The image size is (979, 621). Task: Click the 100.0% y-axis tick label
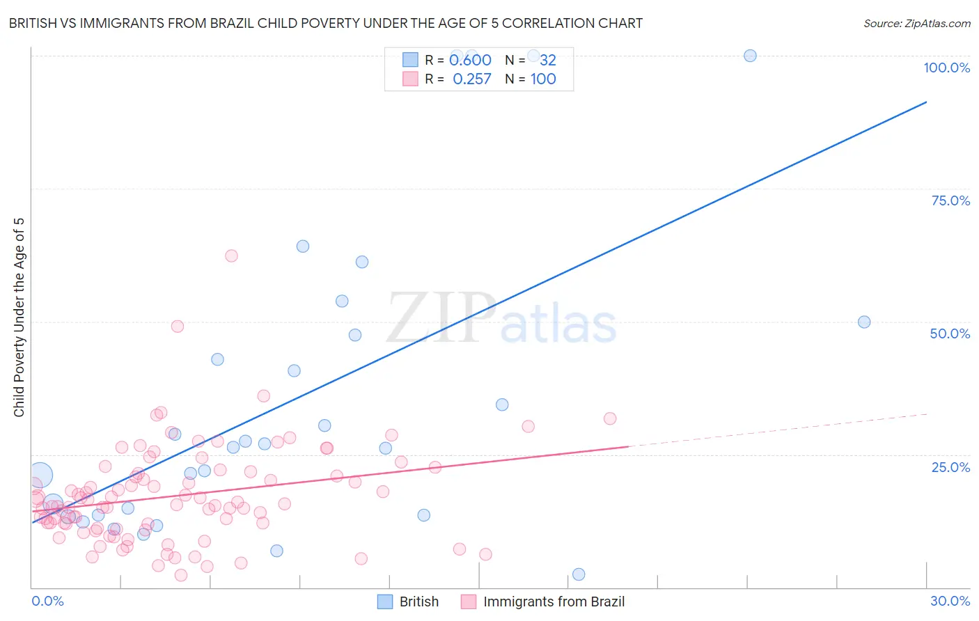click(x=946, y=68)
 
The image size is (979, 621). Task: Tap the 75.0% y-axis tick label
click(x=950, y=201)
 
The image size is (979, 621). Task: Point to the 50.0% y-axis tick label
click(x=950, y=333)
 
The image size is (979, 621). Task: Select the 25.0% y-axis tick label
click(x=950, y=467)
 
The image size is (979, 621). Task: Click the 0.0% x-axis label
click(x=47, y=601)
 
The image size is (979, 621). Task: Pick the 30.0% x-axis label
click(x=950, y=601)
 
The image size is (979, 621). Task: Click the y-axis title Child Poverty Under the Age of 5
click(x=19, y=317)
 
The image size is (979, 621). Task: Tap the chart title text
click(x=325, y=23)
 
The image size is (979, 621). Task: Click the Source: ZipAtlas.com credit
click(x=916, y=23)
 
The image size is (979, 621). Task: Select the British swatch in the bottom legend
click(x=385, y=602)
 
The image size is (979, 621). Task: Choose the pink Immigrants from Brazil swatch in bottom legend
click(x=469, y=602)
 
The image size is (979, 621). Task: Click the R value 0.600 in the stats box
click(x=471, y=61)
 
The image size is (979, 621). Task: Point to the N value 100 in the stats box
click(x=543, y=79)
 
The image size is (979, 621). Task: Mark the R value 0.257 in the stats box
click(x=472, y=79)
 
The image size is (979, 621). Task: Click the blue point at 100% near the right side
click(x=750, y=56)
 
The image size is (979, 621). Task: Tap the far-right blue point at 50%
click(x=864, y=322)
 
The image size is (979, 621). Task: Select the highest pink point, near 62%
click(x=231, y=256)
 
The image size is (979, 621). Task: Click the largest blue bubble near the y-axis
click(x=40, y=475)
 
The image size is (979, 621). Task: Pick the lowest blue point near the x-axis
click(x=579, y=574)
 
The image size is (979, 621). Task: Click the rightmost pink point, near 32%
click(x=610, y=418)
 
